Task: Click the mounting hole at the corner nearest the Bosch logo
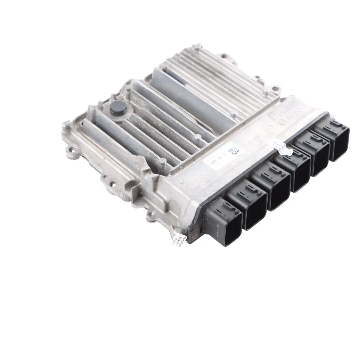275,89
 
